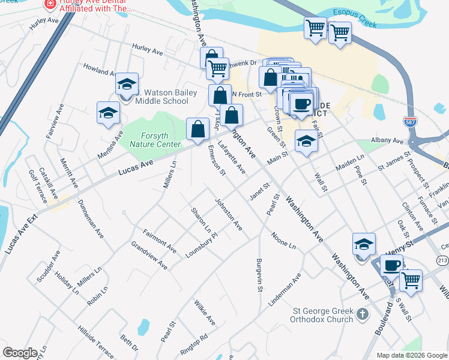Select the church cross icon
click(x=362, y=314)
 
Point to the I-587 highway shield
click(x=411, y=122)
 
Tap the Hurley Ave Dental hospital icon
click(x=50, y=5)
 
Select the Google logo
click(x=19, y=352)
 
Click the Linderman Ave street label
click(x=285, y=291)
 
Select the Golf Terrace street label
click(x=40, y=184)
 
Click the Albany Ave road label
click(x=388, y=140)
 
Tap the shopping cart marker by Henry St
click(x=411, y=279)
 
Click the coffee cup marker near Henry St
click(x=391, y=265)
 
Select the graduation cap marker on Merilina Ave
click(x=108, y=113)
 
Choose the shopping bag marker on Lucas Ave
click(x=197, y=128)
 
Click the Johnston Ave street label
click(x=228, y=215)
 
